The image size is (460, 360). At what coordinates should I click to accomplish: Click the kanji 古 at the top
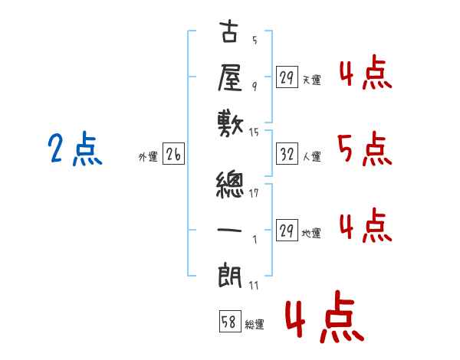[x=228, y=31]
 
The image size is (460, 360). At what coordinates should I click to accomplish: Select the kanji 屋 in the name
[x=230, y=77]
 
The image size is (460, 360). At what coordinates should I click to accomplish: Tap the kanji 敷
[x=230, y=124]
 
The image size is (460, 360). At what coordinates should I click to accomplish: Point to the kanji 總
[x=230, y=185]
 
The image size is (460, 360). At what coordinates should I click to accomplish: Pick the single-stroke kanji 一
[x=229, y=230]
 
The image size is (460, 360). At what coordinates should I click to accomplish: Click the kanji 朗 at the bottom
[x=230, y=276]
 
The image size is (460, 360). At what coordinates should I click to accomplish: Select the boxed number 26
[x=173, y=154]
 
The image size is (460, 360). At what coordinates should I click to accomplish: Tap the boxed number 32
[x=287, y=154]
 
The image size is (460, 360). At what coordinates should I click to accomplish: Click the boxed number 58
[x=230, y=321]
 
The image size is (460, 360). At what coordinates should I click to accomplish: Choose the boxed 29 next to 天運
[x=287, y=77]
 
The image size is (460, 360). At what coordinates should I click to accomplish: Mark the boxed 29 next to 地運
[x=287, y=230]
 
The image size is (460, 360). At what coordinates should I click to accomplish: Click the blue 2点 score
[x=75, y=148]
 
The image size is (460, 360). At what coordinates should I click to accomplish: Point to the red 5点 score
[x=365, y=149]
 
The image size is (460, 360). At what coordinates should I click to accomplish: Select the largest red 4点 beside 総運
[x=325, y=316]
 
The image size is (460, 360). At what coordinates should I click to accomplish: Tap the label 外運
[x=148, y=157]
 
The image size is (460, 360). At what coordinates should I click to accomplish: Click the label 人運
[x=312, y=156]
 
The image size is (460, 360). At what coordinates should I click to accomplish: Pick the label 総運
[x=255, y=325]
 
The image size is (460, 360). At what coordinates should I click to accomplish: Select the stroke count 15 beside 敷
[x=254, y=133]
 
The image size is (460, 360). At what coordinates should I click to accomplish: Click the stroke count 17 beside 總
[x=254, y=193]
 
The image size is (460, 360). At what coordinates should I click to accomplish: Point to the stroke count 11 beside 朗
[x=254, y=286]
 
